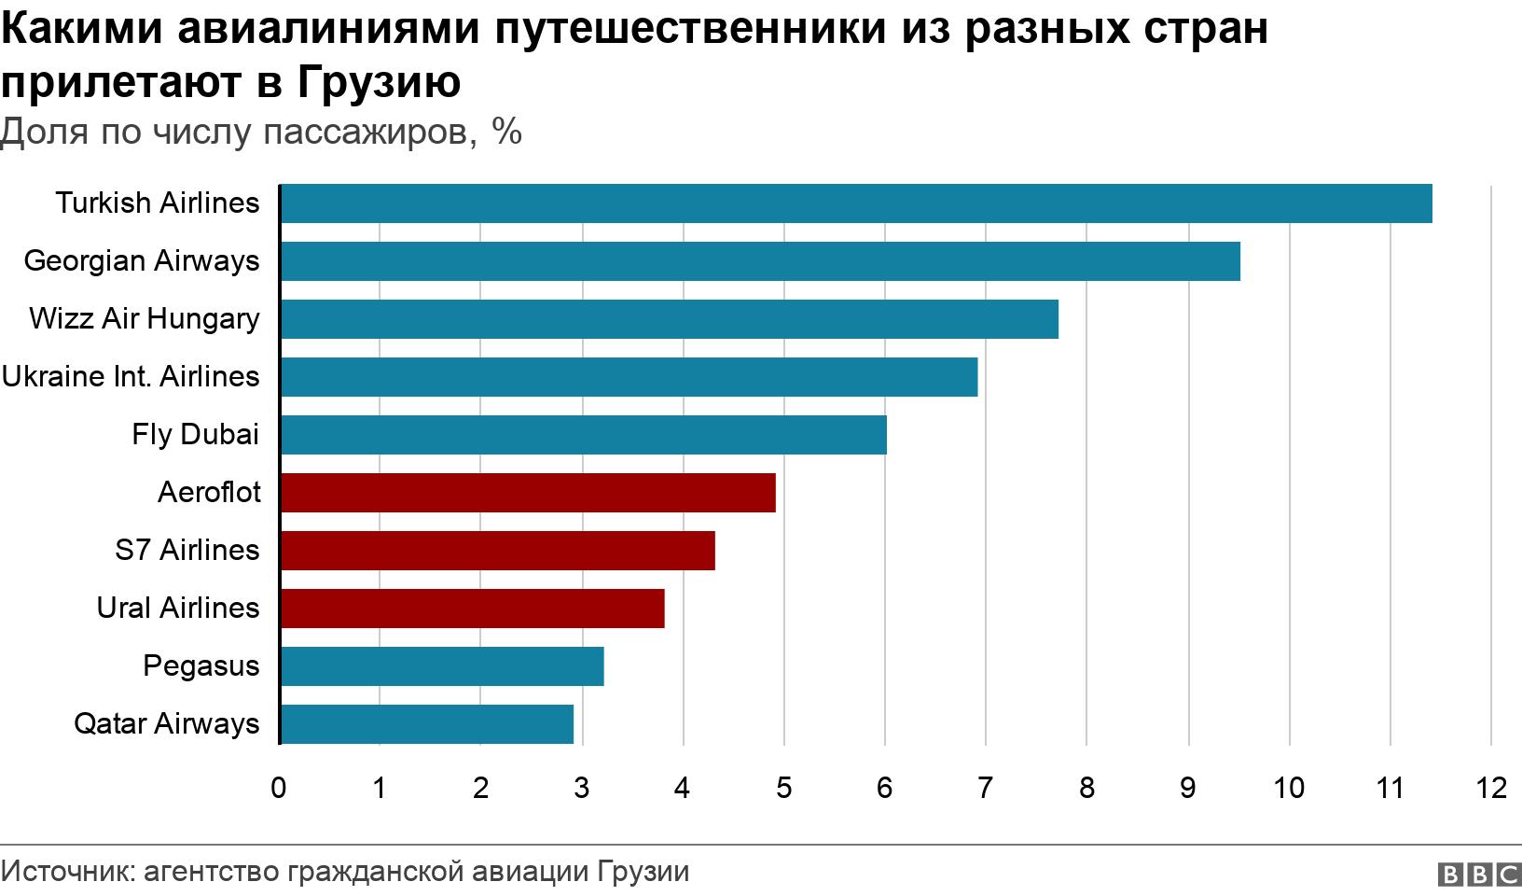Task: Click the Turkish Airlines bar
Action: (x=855, y=203)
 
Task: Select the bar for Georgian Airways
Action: (x=759, y=261)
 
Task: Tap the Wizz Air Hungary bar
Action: (x=669, y=319)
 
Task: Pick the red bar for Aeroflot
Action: (x=527, y=493)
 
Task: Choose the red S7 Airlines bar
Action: (x=497, y=551)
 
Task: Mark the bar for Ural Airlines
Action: (x=472, y=609)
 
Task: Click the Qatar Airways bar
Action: (x=426, y=724)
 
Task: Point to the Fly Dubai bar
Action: (x=583, y=435)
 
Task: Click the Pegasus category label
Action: (x=201, y=666)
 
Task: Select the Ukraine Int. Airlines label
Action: (x=131, y=377)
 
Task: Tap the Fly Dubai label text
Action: (x=195, y=435)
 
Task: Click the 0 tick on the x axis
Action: (x=279, y=789)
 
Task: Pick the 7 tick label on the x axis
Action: (x=985, y=789)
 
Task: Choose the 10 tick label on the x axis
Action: (x=1289, y=789)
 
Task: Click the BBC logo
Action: (x=1479, y=875)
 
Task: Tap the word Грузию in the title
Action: (x=380, y=82)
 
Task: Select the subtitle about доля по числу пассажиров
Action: (x=261, y=133)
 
